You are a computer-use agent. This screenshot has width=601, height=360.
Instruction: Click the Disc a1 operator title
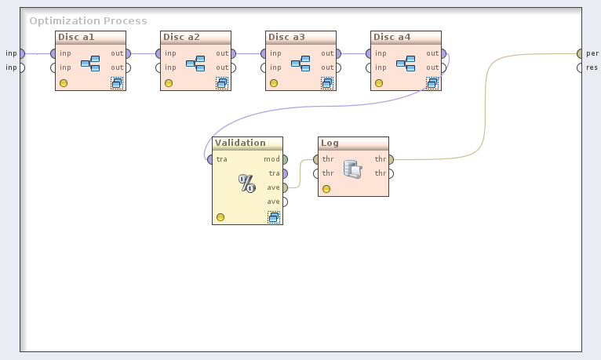click(76, 37)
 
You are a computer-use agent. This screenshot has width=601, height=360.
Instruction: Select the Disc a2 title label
click(181, 37)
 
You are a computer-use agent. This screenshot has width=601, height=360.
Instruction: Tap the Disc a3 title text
click(286, 37)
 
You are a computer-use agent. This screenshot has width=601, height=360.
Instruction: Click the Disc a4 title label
click(392, 37)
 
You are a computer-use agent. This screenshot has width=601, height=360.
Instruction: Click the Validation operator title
click(240, 143)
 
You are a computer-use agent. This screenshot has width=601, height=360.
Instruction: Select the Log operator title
click(330, 143)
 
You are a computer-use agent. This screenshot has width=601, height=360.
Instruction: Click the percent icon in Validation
click(247, 184)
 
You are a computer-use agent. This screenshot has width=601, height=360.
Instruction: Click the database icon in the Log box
click(352, 168)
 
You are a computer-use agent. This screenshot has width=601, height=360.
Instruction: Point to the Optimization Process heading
click(88, 21)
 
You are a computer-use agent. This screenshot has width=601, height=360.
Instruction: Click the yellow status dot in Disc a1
click(64, 83)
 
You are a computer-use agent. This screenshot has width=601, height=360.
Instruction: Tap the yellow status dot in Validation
click(220, 217)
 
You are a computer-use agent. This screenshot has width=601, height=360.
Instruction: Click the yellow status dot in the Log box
click(326, 189)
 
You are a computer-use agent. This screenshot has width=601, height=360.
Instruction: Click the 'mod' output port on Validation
click(284, 159)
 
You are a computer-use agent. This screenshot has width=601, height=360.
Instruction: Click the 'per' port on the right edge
click(580, 53)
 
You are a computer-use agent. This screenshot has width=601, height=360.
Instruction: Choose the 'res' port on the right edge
click(580, 67)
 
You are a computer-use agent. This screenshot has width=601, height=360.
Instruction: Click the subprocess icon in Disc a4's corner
click(432, 82)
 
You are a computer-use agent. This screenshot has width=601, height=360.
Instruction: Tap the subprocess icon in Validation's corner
click(273, 217)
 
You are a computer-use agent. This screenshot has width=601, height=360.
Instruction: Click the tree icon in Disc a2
click(195, 63)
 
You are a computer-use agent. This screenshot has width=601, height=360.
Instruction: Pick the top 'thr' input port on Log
click(316, 159)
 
